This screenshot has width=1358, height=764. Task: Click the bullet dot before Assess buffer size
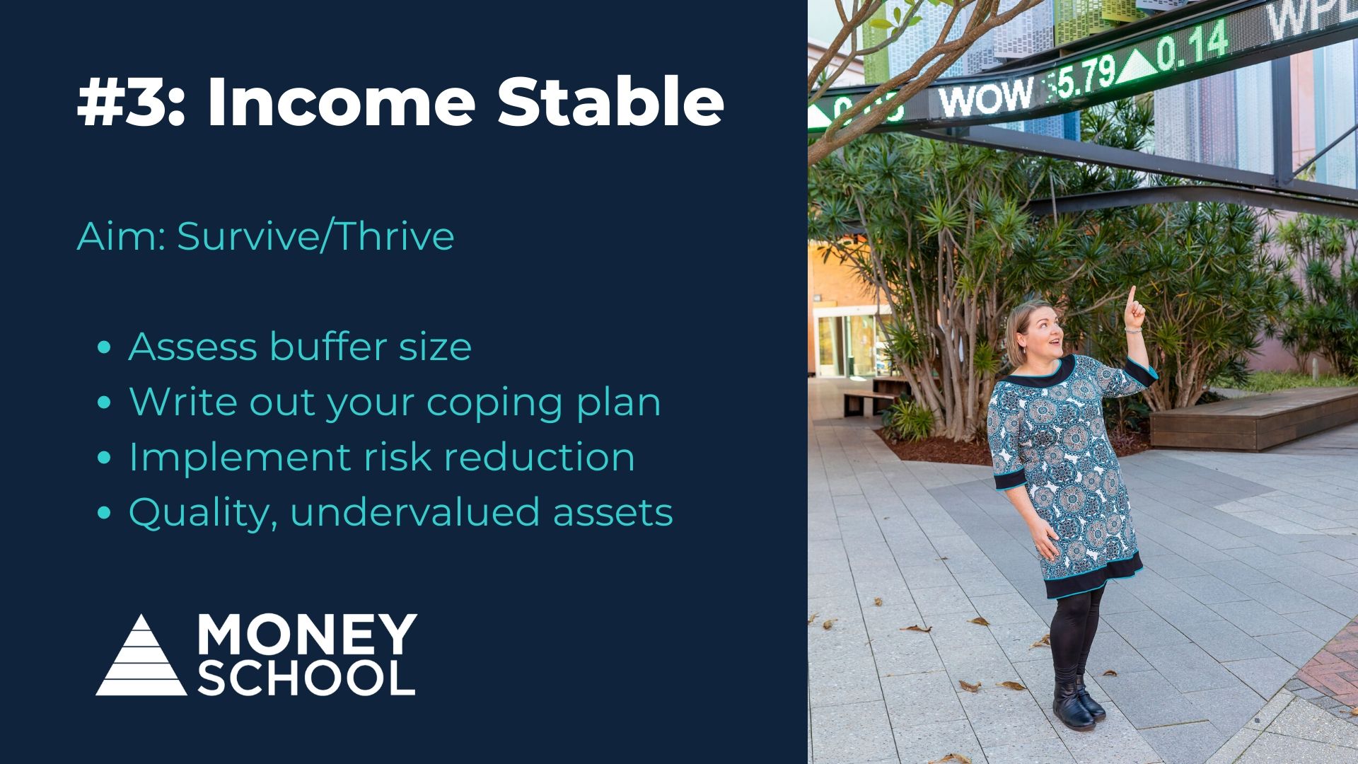[105, 348]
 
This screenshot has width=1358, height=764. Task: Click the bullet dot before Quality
[105, 514]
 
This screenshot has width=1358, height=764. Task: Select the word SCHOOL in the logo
[306, 677]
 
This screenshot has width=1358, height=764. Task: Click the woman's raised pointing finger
[1132, 296]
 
